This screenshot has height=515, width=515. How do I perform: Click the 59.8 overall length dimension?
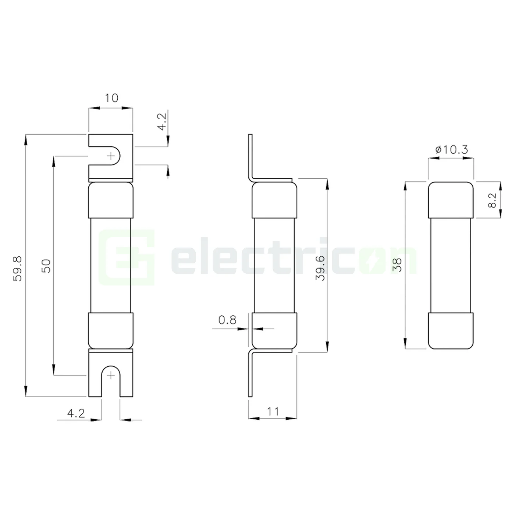pyautogui.click(x=18, y=269)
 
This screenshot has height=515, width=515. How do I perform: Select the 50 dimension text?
pyautogui.click(x=46, y=266)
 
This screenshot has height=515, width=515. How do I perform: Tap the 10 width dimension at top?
pyautogui.click(x=111, y=98)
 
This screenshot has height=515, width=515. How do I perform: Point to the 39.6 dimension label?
pyautogui.click(x=321, y=268)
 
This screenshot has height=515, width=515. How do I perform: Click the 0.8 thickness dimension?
pyautogui.click(x=227, y=320)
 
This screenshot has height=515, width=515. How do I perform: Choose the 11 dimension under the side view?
pyautogui.click(x=273, y=411)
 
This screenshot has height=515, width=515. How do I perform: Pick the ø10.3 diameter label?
pyautogui.click(x=451, y=150)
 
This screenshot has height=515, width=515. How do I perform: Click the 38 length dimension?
pyautogui.click(x=397, y=265)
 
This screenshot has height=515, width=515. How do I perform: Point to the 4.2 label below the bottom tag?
pyautogui.click(x=76, y=413)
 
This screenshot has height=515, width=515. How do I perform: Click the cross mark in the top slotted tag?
pyautogui.click(x=111, y=156)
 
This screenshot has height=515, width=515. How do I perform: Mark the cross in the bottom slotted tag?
pyautogui.click(x=111, y=375)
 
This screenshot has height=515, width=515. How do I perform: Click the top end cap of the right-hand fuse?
pyautogui.click(x=451, y=200)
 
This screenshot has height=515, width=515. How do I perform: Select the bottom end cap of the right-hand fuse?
pyautogui.click(x=451, y=330)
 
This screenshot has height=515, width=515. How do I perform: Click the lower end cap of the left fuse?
pyautogui.click(x=111, y=330)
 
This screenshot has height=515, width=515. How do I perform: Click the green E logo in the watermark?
pyautogui.click(x=127, y=257)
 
